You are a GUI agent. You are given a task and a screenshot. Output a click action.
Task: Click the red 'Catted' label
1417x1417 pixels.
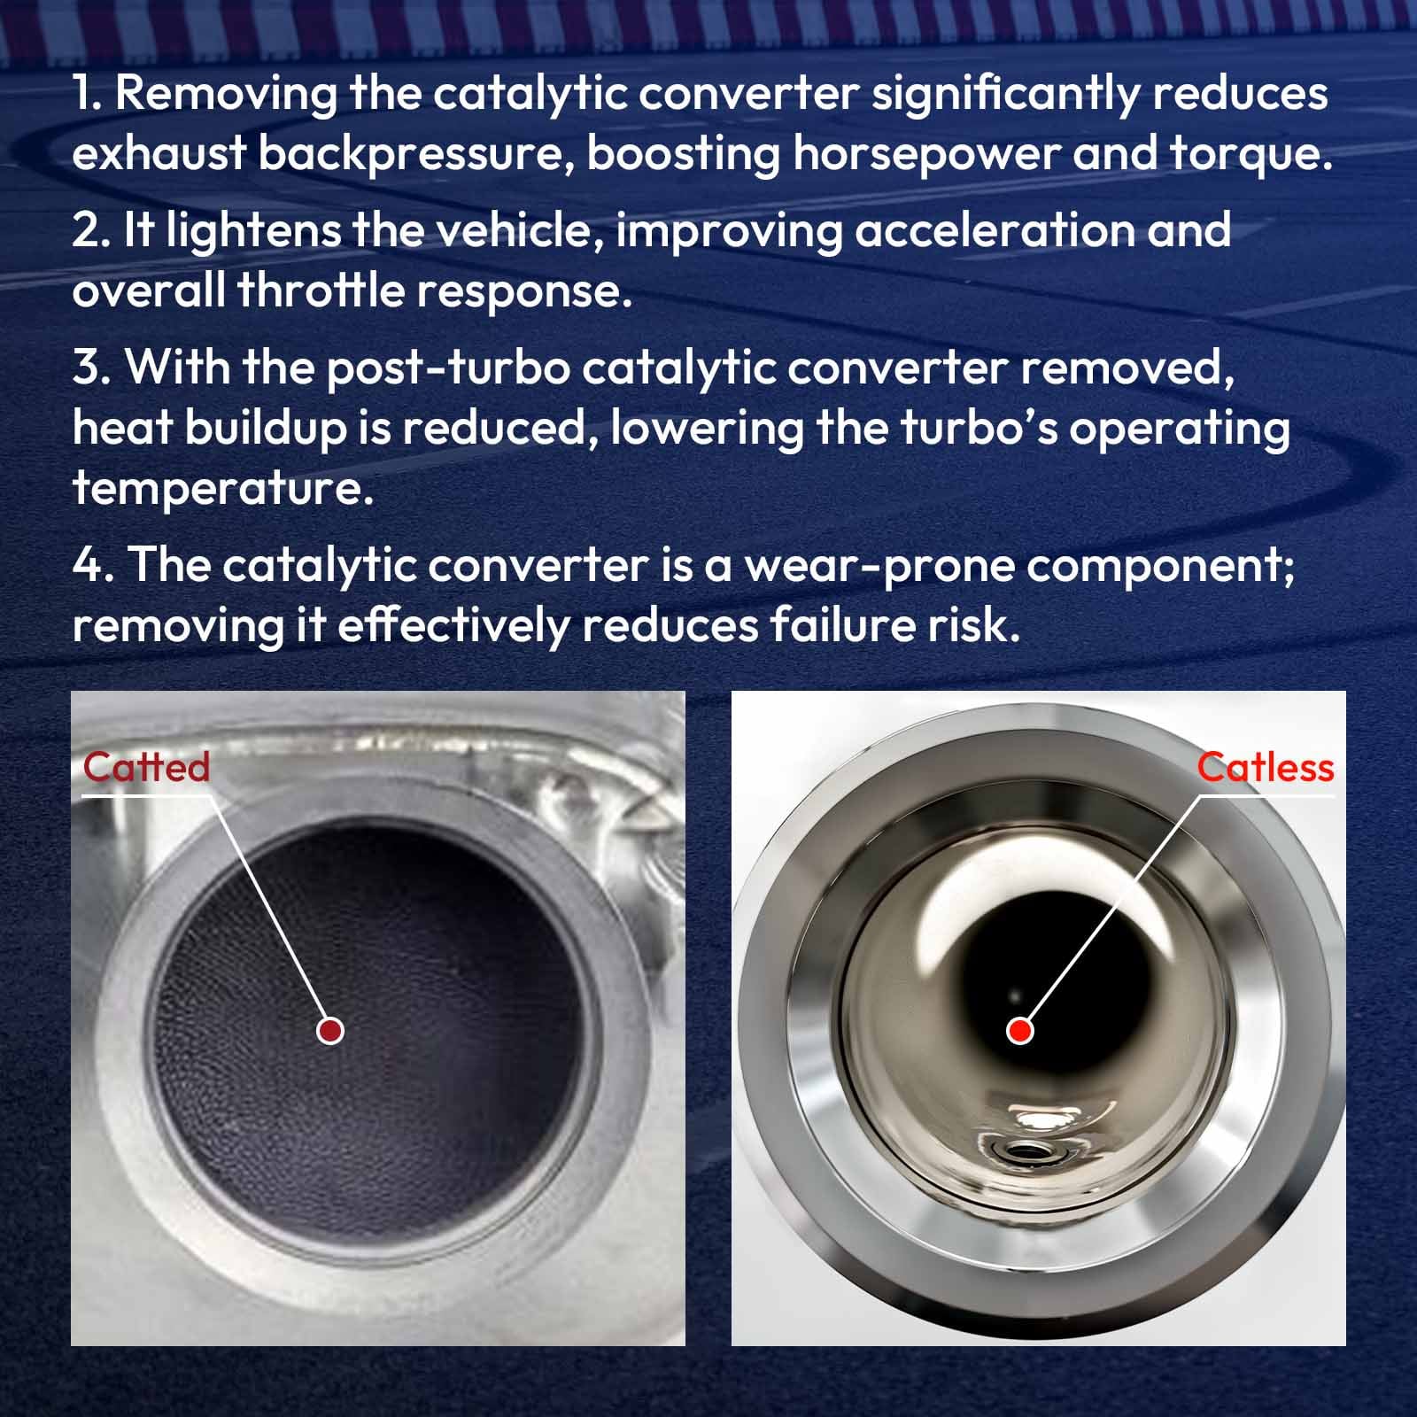pos(146,767)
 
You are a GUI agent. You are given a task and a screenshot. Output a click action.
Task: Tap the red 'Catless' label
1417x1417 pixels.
pos(1265,767)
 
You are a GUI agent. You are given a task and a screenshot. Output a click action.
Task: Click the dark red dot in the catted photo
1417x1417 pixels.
pos(330,1030)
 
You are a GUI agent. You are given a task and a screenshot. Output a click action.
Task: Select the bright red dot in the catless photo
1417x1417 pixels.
pos(1020,1030)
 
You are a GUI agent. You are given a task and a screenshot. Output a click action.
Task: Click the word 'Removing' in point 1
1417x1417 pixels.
pos(226,95)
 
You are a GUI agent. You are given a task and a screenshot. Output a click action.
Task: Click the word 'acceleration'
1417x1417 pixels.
pos(993,230)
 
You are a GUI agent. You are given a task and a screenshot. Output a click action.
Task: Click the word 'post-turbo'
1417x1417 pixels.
pos(448,368)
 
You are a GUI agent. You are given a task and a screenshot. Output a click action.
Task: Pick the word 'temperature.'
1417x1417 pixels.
pos(223,489)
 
